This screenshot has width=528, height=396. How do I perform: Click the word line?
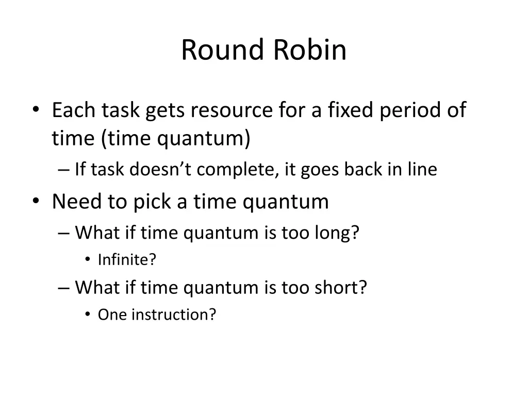coord(421,169)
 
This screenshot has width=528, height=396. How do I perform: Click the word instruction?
coord(173,315)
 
